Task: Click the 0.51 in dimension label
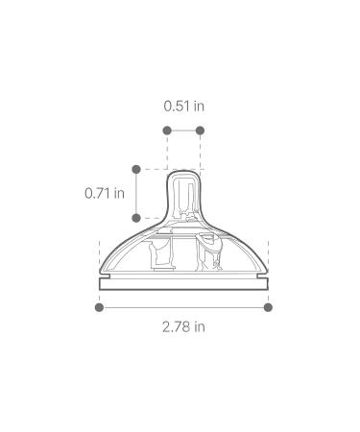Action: click(183, 105)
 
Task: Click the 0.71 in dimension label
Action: click(104, 192)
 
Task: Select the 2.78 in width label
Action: click(183, 326)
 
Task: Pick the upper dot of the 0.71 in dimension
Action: click(136, 170)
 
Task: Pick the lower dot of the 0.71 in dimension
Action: click(136, 218)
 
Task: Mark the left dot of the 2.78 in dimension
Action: click(99, 307)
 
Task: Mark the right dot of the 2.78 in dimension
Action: click(268, 307)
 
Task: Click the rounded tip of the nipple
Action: click(183, 177)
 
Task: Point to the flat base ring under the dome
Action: click(183, 284)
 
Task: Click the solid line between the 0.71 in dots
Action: click(136, 194)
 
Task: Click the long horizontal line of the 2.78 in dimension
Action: click(183, 307)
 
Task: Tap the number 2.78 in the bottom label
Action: click(177, 326)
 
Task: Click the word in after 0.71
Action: click(119, 192)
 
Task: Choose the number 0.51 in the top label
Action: click(177, 105)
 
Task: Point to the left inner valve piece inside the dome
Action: click(158, 255)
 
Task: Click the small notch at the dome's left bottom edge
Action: click(103, 273)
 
